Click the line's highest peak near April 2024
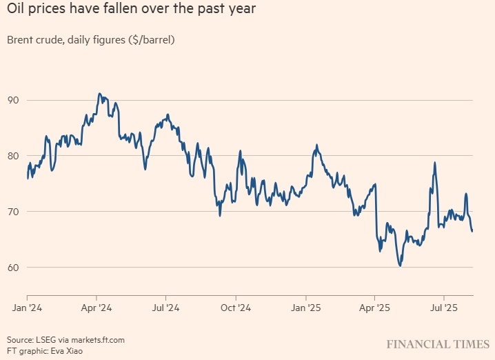coord(100,93)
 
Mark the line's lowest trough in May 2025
coord(400,266)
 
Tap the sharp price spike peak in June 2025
coord(435,163)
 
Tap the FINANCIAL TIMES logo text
coord(438,343)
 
